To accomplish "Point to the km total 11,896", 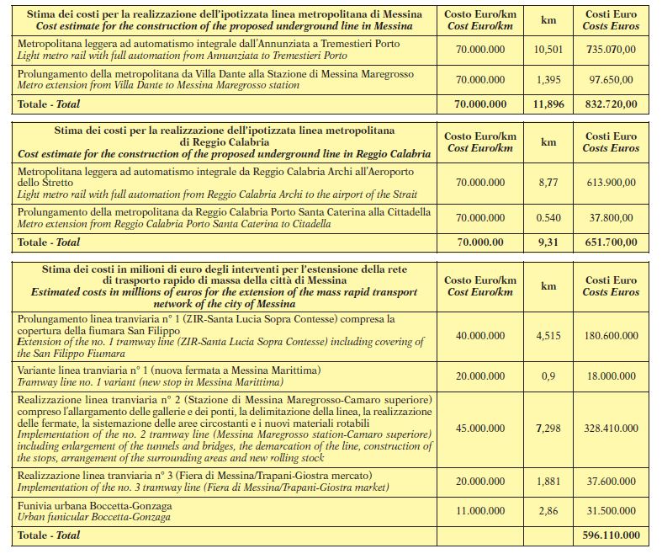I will point(548,104).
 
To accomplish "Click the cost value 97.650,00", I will point(612,80).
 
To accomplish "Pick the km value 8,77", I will point(548,182).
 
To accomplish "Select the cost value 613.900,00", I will point(612,182).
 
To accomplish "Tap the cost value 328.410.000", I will point(612,429).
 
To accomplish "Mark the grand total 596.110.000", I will point(612,535).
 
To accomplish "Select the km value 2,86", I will point(548,510).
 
